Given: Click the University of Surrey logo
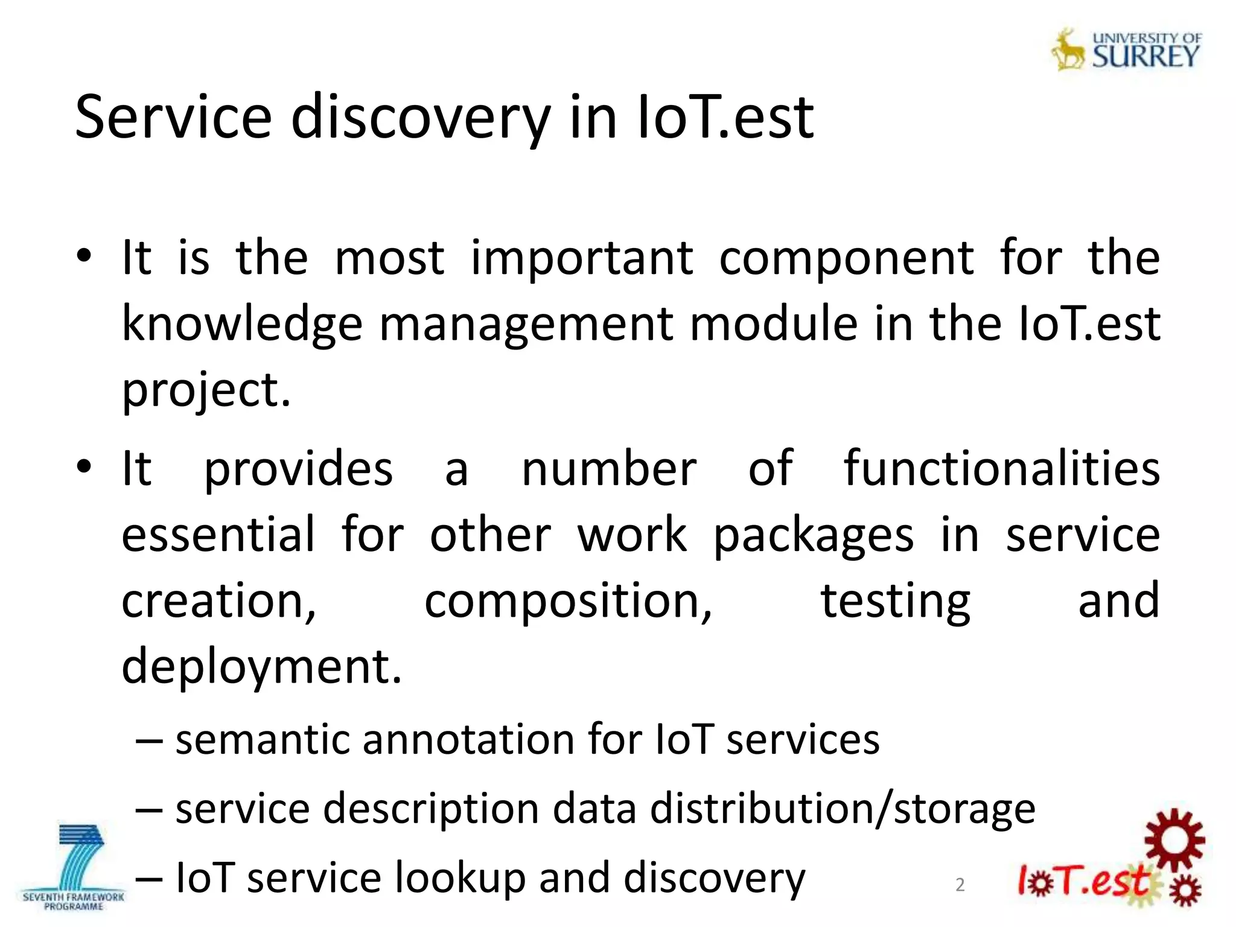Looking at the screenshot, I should point(1127,50).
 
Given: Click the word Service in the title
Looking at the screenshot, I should point(173,118).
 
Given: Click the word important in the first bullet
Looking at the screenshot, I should point(582,258).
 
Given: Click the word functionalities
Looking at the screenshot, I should point(1001,469).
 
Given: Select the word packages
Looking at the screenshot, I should point(813,536).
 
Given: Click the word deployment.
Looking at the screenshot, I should point(261,667).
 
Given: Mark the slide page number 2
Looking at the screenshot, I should point(960,885).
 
